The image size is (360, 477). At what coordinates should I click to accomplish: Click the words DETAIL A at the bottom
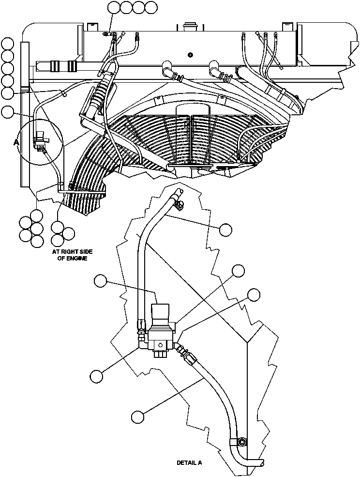tap(189, 463)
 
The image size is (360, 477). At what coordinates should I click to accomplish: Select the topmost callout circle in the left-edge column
tap(8, 44)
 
